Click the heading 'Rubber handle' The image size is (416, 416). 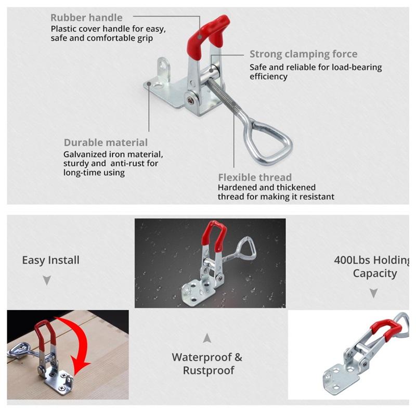click(86, 18)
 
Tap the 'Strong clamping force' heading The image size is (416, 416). click(303, 54)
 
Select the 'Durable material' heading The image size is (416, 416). click(106, 142)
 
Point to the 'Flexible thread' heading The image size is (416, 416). click(255, 177)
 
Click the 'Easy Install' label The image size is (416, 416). click(50, 260)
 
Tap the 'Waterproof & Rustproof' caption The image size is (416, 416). click(207, 363)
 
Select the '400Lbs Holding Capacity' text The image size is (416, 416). click(374, 266)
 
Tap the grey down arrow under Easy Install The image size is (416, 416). click(47, 280)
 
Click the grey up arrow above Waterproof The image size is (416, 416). click(207, 338)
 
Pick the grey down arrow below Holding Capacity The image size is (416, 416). click(373, 293)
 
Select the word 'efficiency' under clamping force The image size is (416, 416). click(268, 76)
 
